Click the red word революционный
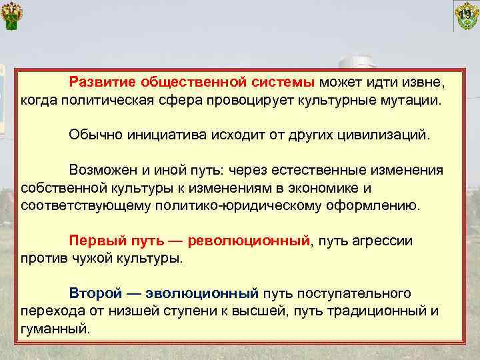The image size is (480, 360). tap(249, 239)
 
